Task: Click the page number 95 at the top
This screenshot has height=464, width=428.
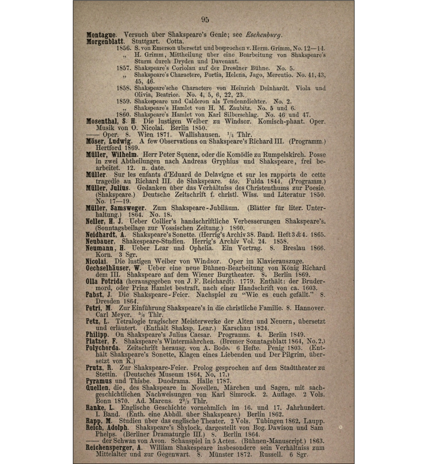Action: [x=205, y=20]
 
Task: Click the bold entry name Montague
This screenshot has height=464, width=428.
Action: [x=101, y=35]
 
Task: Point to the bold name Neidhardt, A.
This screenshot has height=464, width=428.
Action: [x=106, y=235]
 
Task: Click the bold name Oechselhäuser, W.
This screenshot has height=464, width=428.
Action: [x=114, y=268]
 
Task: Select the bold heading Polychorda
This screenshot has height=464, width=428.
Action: [x=103, y=348]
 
